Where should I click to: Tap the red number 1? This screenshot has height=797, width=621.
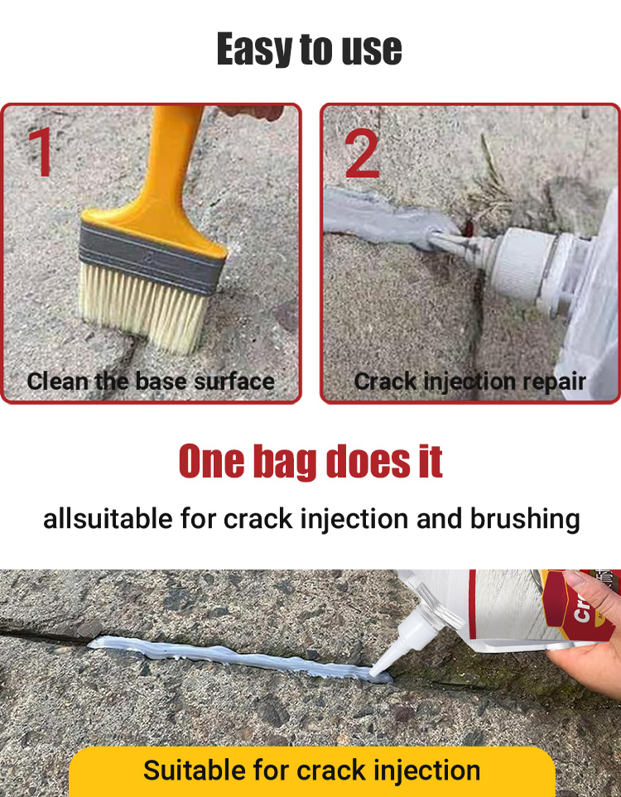click(x=41, y=151)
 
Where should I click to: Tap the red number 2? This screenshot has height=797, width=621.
click(x=362, y=153)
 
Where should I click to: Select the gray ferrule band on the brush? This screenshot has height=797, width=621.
click(x=151, y=258)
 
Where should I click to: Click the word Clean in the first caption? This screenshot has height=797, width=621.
click(x=57, y=382)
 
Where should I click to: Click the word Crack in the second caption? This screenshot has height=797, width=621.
click(x=385, y=382)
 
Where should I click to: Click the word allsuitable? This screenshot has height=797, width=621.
click(x=108, y=519)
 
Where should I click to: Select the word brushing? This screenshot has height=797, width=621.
click(x=525, y=520)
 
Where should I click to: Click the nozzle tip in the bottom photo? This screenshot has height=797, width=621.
click(x=373, y=674)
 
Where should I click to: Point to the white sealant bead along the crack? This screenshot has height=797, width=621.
click(x=239, y=658)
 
